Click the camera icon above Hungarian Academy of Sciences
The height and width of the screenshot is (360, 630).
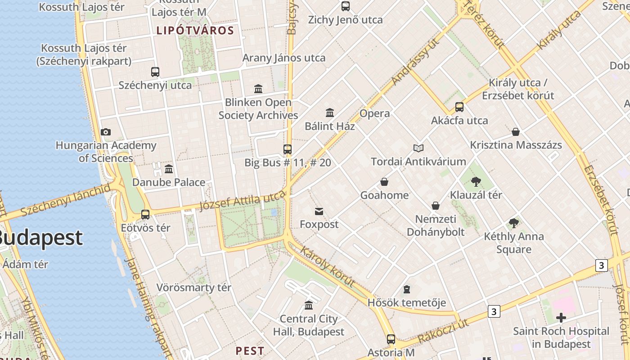[106, 132]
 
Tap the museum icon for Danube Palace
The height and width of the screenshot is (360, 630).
[169, 169]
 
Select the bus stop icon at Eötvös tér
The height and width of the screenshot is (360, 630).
[145, 215]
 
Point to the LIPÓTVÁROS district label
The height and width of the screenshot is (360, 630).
[195, 31]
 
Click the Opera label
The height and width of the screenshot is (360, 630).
[374, 113]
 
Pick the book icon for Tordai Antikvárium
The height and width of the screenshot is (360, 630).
[418, 148]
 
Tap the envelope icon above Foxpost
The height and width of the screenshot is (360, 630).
[319, 211]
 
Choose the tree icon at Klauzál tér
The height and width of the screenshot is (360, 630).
[476, 182]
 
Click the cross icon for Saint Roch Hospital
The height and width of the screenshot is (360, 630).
[561, 318]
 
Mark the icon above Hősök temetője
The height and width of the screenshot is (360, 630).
[407, 289]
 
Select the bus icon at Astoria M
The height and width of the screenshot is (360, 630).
[391, 339]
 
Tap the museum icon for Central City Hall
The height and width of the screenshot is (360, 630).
[309, 306]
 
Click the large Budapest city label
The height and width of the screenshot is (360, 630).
[40, 238]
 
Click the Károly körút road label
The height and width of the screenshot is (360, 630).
[327, 266]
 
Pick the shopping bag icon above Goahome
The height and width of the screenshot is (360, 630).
[384, 182]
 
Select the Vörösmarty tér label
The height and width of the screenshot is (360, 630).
[193, 287]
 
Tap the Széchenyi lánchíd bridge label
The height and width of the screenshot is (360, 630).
[65, 199]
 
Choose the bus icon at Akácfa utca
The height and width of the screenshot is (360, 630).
[459, 107]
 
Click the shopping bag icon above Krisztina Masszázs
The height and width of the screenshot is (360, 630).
[516, 132]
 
